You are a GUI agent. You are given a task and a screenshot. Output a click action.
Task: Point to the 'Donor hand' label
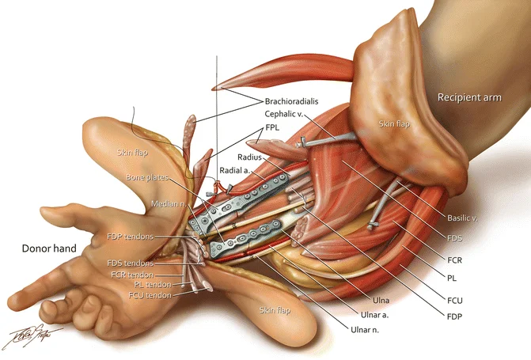point(50,248)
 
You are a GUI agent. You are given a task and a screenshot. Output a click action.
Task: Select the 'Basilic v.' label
point(459,217)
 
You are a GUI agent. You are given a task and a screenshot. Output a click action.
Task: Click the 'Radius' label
point(249,157)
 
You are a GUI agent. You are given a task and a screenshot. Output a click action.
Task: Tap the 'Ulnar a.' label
point(371,313)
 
